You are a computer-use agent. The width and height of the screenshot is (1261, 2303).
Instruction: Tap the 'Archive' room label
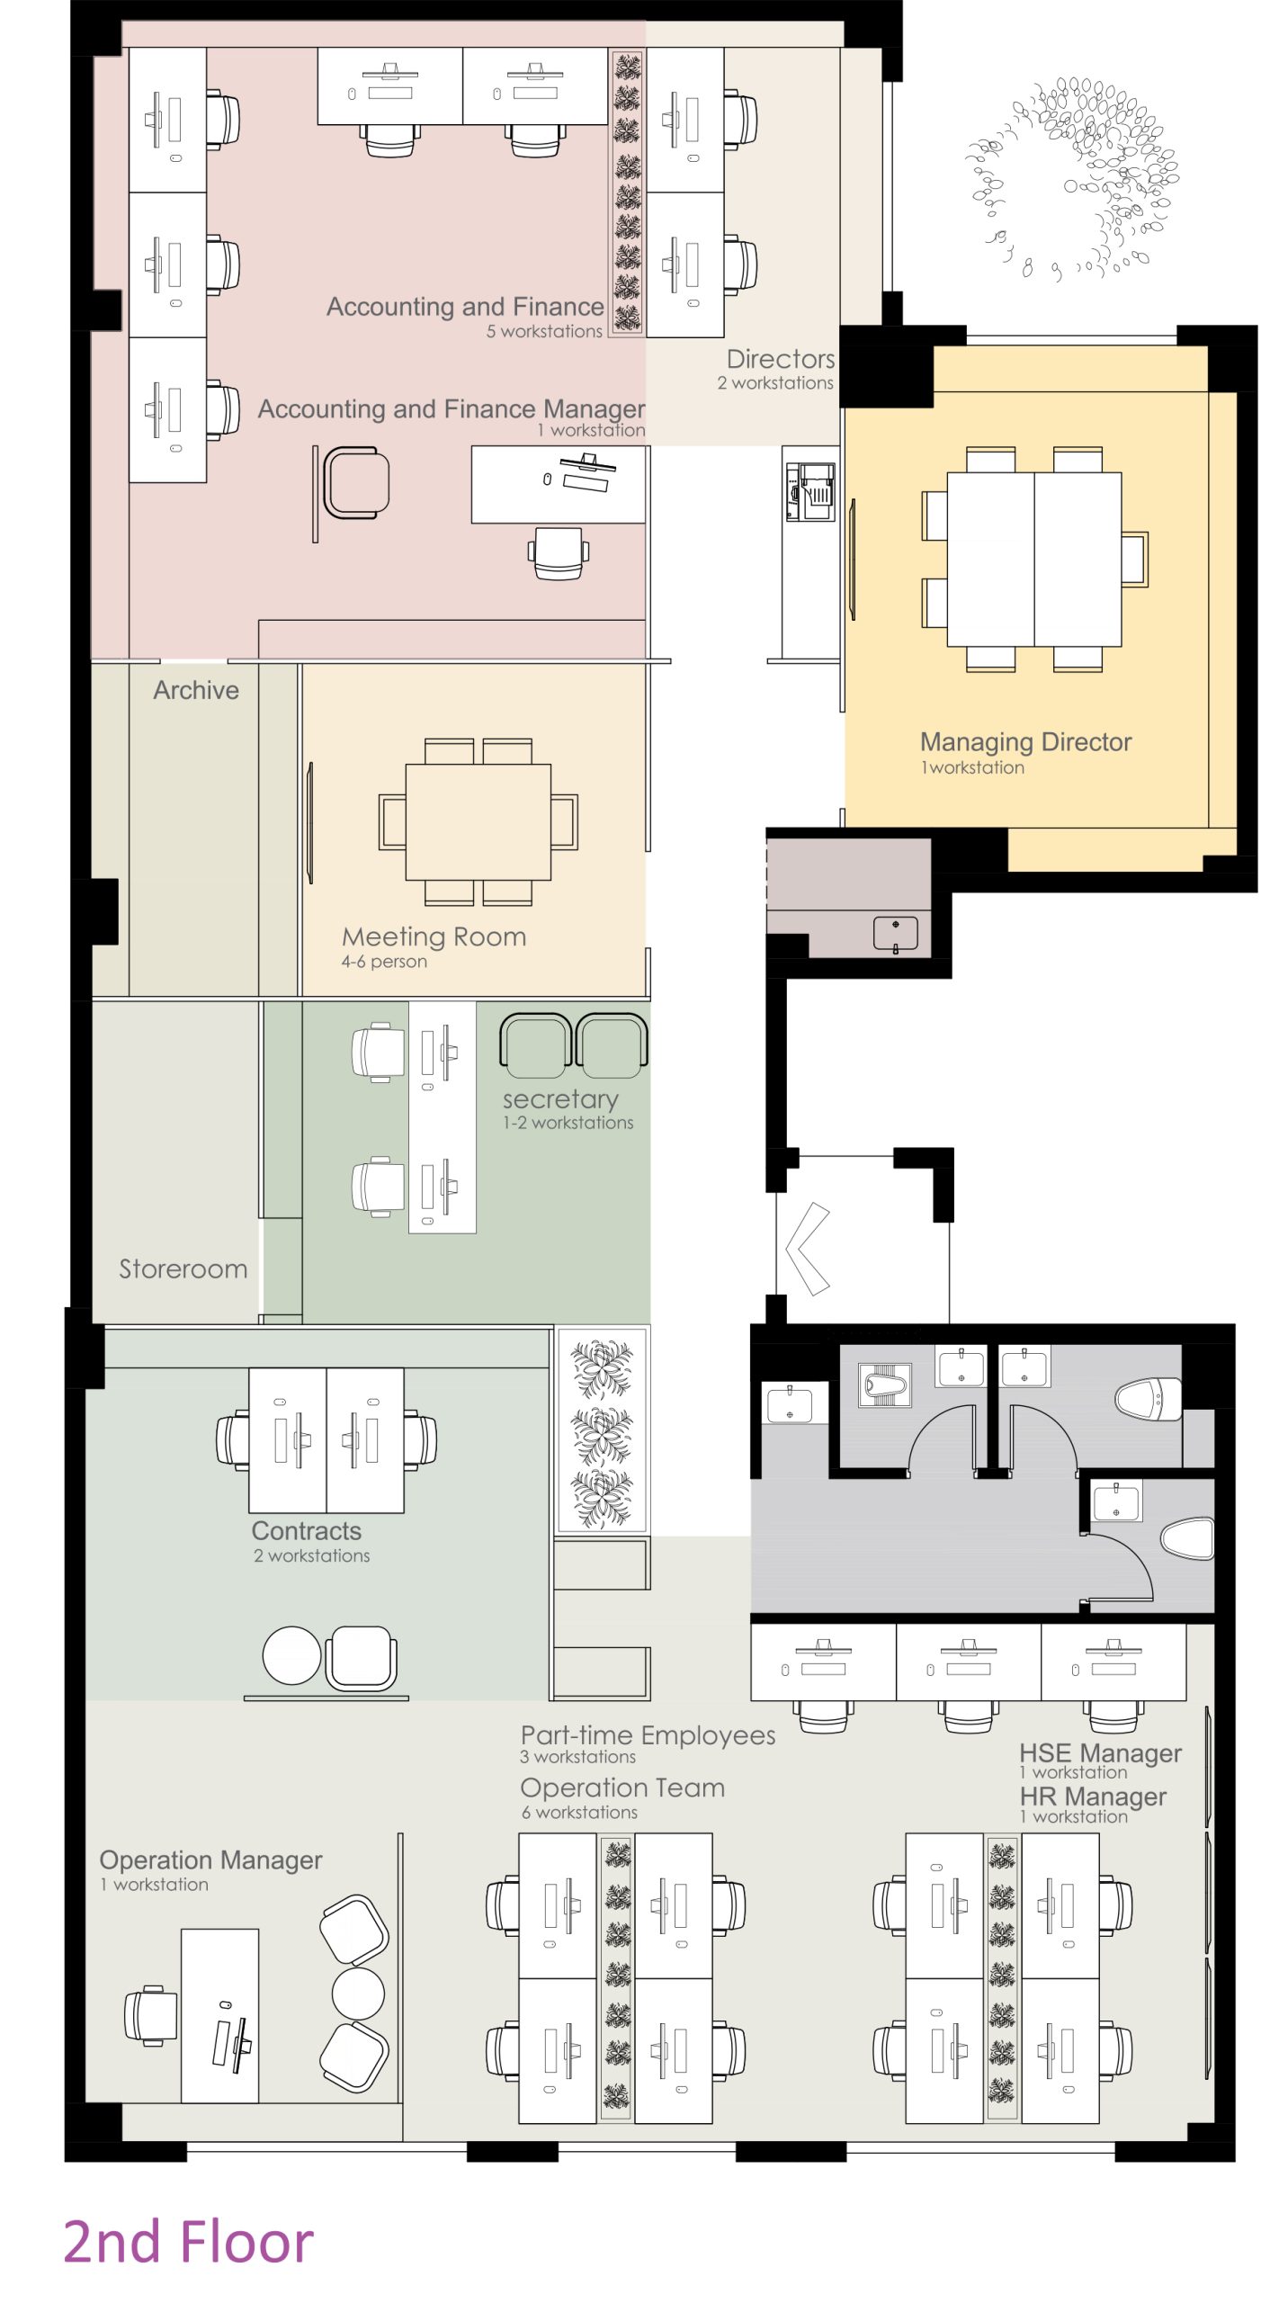196,690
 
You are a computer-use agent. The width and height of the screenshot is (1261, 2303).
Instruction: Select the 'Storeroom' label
183,1268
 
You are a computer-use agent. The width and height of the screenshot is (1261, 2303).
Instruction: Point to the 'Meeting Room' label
434,936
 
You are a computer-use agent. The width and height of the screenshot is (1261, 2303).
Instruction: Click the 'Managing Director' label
1025,742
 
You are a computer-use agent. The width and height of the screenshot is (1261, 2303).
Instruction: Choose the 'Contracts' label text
306,1531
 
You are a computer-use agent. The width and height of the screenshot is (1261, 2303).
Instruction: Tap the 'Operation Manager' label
210,1860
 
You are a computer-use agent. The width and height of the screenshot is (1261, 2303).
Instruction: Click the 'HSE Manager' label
1100,1753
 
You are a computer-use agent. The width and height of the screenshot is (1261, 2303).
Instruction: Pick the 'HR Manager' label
1093,1797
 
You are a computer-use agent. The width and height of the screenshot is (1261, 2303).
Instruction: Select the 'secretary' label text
560,1099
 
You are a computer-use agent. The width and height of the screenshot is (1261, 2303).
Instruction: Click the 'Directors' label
781,359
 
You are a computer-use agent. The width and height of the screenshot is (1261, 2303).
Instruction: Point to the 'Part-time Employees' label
648,1735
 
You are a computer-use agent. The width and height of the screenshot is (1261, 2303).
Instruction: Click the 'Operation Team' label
622,1788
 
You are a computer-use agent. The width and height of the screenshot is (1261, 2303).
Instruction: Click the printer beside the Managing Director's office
810,491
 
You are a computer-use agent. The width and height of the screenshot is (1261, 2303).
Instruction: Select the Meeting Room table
478,821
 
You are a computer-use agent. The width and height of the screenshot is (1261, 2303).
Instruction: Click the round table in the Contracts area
291,1655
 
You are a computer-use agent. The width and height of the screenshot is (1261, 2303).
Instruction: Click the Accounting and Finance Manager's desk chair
558,553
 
